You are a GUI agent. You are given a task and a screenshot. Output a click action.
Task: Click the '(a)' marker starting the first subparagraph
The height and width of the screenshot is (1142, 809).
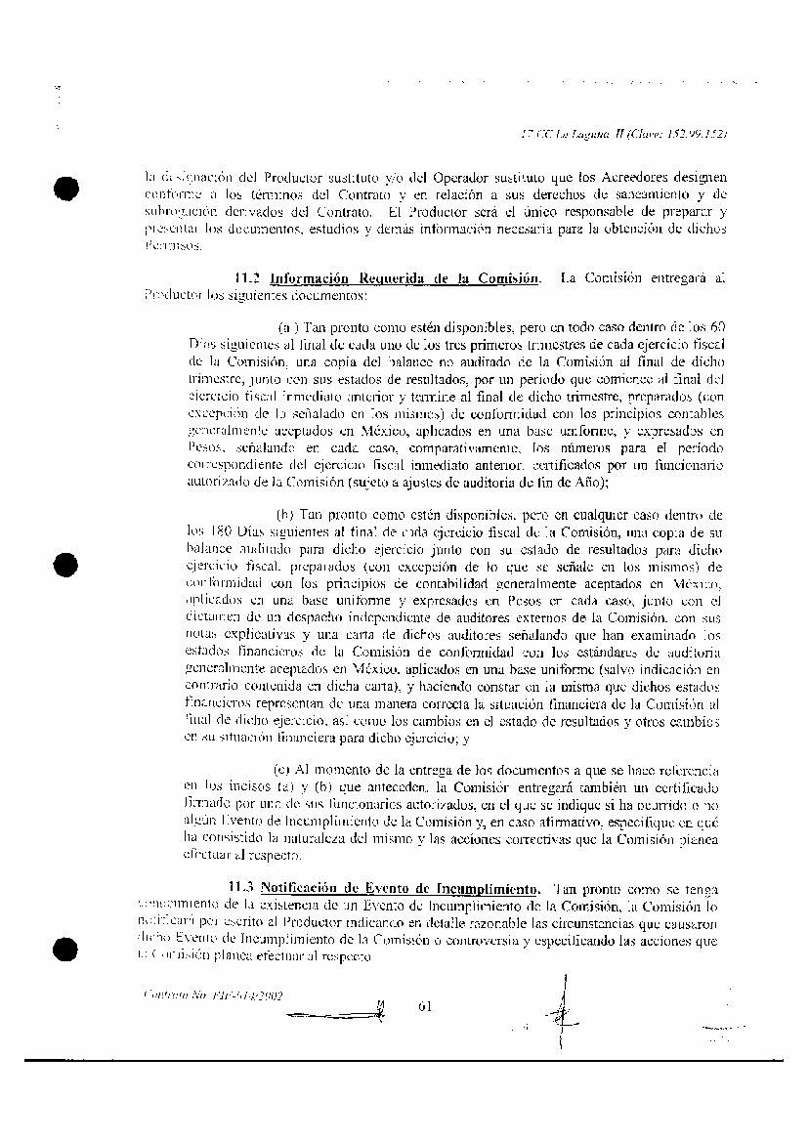tap(288, 326)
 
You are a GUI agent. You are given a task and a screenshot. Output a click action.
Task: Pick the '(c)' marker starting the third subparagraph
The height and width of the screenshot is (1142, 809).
tap(281, 771)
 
